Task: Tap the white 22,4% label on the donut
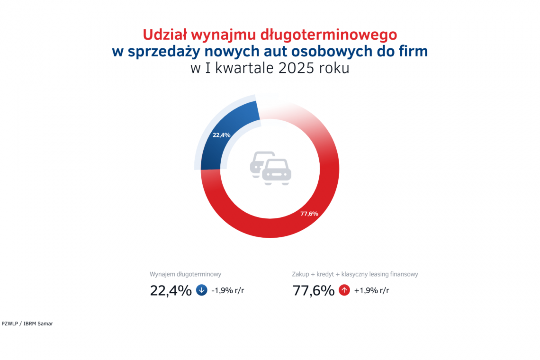click(x=222, y=135)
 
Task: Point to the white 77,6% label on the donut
click(x=309, y=214)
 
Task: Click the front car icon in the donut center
click(x=277, y=171)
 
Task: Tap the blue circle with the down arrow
click(x=201, y=290)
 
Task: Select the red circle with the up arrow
click(x=344, y=290)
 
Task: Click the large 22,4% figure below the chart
click(x=171, y=290)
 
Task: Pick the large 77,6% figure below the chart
click(x=314, y=290)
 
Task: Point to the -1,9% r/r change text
click(x=228, y=290)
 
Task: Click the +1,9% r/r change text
click(x=371, y=290)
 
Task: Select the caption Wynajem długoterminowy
click(x=186, y=274)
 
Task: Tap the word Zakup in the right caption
click(x=301, y=274)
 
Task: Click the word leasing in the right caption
click(x=375, y=274)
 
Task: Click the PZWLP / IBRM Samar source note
click(x=27, y=324)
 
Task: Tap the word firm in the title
click(x=413, y=51)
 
